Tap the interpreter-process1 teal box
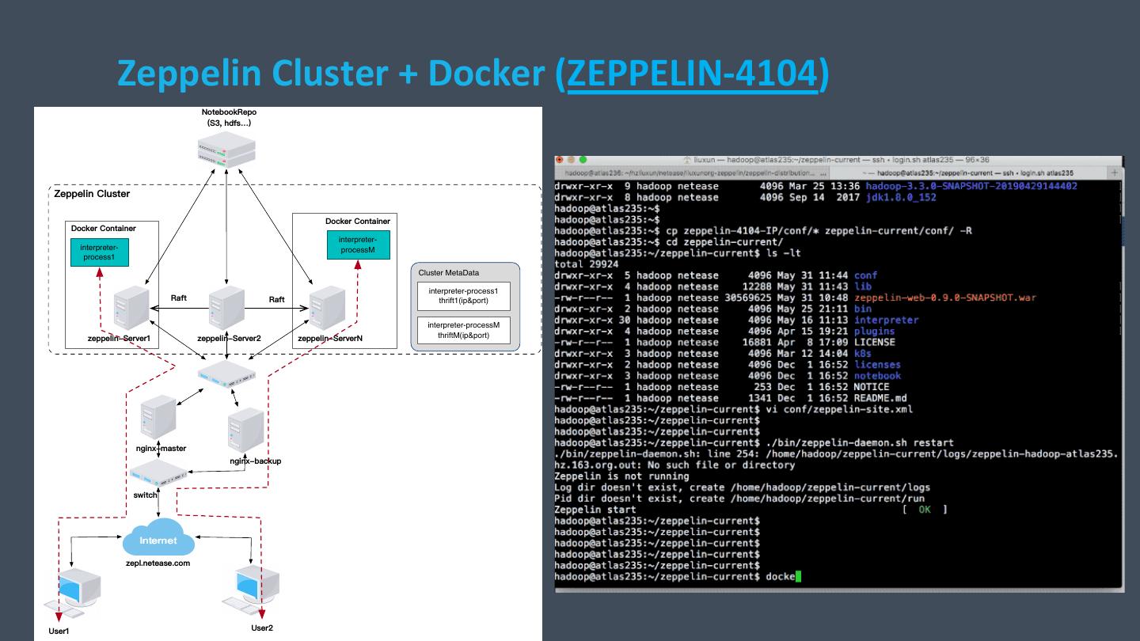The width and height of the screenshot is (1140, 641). [99, 252]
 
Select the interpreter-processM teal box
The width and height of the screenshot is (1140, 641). [358, 245]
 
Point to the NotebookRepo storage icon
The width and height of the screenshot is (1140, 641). [227, 150]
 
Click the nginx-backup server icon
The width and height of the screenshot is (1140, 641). [245, 430]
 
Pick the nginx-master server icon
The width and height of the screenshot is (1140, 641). [158, 419]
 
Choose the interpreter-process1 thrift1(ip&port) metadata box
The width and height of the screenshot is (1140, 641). [464, 297]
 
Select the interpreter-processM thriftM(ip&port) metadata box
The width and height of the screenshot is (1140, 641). [464, 330]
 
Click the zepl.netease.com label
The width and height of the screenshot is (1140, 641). [158, 563]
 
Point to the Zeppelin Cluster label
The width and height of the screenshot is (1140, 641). [92, 194]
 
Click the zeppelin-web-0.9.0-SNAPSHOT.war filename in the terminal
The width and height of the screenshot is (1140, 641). [944, 298]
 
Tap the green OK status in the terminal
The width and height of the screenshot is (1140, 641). [924, 510]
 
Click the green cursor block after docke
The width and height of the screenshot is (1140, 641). [798, 576]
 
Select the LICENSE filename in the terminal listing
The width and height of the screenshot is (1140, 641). [874, 342]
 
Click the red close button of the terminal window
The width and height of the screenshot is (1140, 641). [560, 159]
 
